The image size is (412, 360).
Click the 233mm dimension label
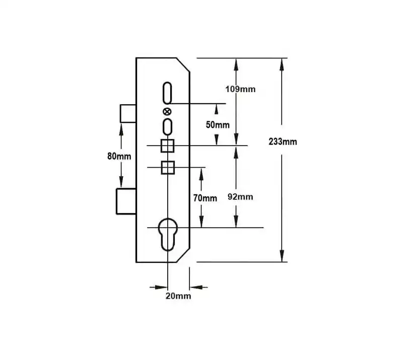[283, 142]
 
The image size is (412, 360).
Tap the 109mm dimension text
[240, 89]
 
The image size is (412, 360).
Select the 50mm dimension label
[218, 125]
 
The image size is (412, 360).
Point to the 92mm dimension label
[240, 197]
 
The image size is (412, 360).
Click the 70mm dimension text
[205, 198]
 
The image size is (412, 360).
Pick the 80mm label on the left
[119, 156]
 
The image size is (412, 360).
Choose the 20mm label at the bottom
[178, 296]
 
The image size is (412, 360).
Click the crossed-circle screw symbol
[167, 112]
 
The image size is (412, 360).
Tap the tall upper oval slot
[167, 93]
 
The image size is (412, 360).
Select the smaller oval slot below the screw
[167, 127]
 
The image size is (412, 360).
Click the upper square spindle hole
[167, 146]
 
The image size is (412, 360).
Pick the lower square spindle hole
[168, 168]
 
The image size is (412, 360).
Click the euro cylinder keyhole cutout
[168, 235]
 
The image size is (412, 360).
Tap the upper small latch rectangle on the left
[128, 113]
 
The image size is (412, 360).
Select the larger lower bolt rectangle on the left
[126, 201]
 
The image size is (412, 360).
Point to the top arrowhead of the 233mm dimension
[282, 64]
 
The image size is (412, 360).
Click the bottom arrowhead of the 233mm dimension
[282, 255]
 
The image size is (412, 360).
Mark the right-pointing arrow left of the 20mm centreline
[159, 287]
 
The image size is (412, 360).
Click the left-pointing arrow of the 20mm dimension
[198, 287]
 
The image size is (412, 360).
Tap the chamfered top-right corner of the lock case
[183, 64]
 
